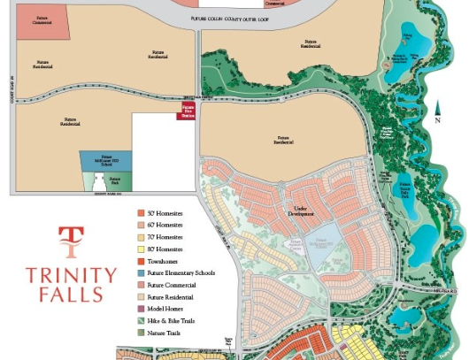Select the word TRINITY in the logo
coord(70,273)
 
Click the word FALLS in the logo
coord(70,295)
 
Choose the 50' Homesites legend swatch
coord(141,213)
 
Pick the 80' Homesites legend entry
coord(165,249)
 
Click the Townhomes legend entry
coord(165,261)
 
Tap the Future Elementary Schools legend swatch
coord(141,273)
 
